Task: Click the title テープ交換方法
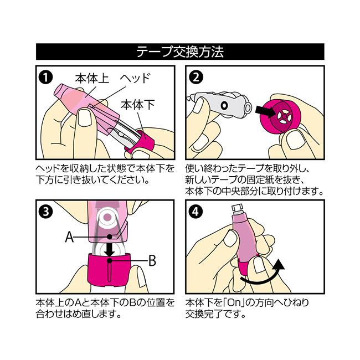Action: pyautogui.click(x=180, y=52)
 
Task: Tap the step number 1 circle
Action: pyautogui.click(x=46, y=78)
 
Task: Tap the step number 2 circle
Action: pyautogui.click(x=196, y=78)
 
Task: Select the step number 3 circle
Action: pyautogui.click(x=46, y=212)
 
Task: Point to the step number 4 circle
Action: pyautogui.click(x=196, y=212)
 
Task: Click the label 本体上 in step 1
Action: pyautogui.click(x=92, y=79)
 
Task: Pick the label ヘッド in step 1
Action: pyautogui.click(x=135, y=78)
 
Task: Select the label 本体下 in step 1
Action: pyautogui.click(x=138, y=105)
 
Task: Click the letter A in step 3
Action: pyautogui.click(x=70, y=236)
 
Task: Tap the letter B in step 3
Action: pyautogui.click(x=152, y=261)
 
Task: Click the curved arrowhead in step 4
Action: pyautogui.click(x=278, y=265)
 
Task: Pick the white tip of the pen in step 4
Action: pyautogui.click(x=238, y=209)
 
